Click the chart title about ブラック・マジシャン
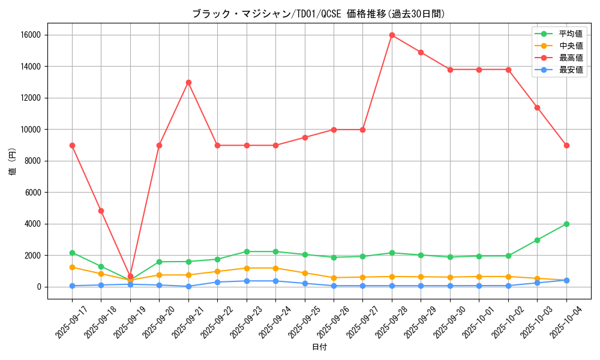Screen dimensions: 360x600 pos(319,14)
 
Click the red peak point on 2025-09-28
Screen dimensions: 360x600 pos(392,35)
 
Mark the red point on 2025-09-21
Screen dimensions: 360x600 pos(188,82)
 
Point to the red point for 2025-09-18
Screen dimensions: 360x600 pos(101,211)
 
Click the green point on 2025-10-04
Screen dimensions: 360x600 pos(566,224)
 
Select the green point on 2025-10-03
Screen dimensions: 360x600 pos(537,240)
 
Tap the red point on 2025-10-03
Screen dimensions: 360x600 pos(537,107)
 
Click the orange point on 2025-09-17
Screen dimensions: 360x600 pos(72,267)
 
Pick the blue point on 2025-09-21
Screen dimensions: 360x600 pos(188,286)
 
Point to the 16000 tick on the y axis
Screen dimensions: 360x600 pos(30,35)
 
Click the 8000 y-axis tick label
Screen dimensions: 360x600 pos(32,161)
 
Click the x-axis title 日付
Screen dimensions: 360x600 pos(319,347)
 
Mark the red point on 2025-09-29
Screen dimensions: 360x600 pos(421,52)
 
